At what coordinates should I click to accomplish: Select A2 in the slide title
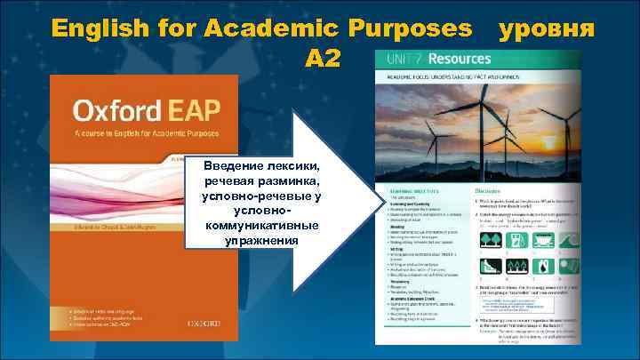[321, 58]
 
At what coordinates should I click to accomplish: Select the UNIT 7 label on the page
[403, 59]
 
